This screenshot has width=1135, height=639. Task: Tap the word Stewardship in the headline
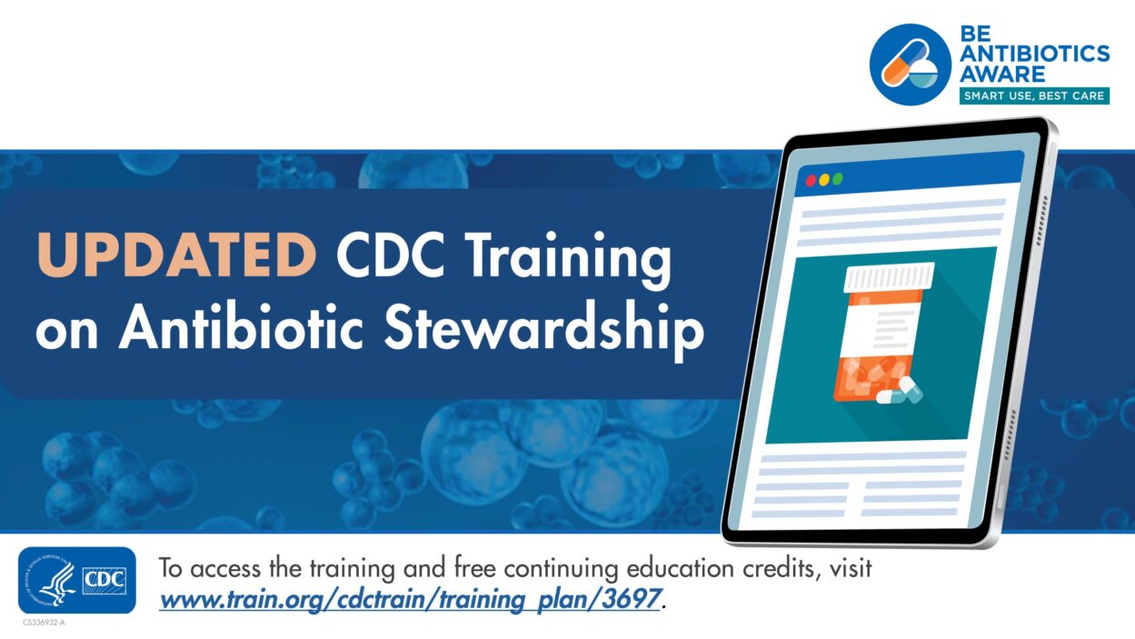point(544,330)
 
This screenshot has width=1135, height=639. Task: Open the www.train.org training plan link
point(410,599)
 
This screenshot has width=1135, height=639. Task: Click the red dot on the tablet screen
point(811,181)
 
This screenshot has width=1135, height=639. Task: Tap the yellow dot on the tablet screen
point(824,179)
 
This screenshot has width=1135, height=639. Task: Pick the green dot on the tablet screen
point(837,178)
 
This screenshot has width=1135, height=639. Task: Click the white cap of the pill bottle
point(889,276)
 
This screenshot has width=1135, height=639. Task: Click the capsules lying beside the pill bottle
point(900,391)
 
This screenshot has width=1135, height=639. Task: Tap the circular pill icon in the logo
point(910,65)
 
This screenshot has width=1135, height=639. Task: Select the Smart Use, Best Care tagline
point(1034,95)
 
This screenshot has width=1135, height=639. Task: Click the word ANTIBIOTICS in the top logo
point(1035,54)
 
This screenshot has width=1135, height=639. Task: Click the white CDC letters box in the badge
point(105,580)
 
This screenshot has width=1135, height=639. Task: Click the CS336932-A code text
point(45,623)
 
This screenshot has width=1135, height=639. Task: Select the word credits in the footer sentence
point(782,569)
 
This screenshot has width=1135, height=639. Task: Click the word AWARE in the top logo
point(1002,74)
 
